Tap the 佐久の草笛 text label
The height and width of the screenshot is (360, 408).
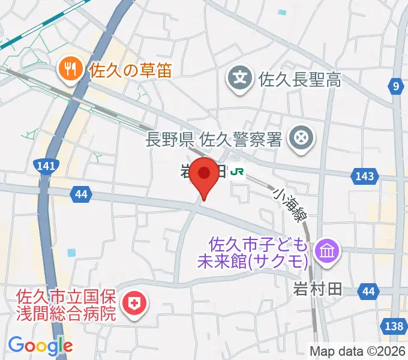point(130,70)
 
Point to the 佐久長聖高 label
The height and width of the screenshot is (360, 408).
point(299,79)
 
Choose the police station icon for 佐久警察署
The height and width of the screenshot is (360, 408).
point(301,140)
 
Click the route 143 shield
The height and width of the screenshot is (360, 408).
point(365,176)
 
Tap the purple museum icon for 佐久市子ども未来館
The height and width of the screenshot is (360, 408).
point(328,249)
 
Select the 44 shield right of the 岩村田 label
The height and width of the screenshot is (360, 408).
point(368,292)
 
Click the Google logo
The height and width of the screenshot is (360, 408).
point(40,346)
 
